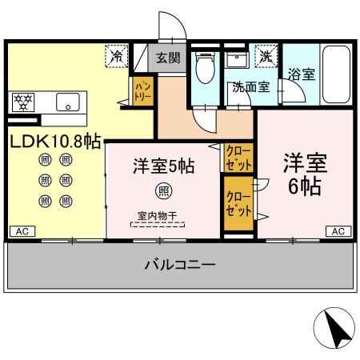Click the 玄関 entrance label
(168, 58)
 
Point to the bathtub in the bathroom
(336, 76)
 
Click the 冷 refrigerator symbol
(117, 57)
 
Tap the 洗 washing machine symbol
(264, 58)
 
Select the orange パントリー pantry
(143, 89)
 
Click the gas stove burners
(23, 102)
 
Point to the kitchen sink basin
(66, 102)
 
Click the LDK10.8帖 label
(54, 142)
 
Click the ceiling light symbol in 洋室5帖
(162, 190)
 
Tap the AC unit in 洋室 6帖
(338, 231)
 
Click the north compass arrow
(336, 327)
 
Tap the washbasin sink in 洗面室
(238, 63)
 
